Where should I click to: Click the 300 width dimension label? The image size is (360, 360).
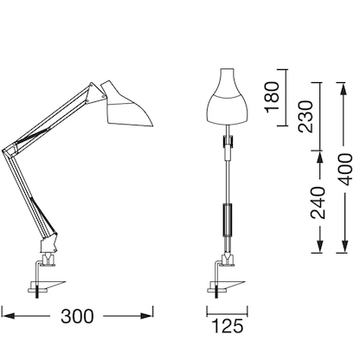(77, 318)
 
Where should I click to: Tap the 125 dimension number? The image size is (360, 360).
(227, 326)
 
